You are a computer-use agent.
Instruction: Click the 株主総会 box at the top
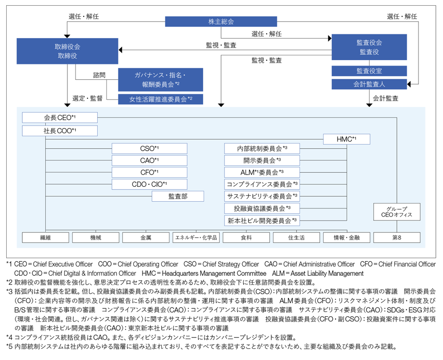click(x=221, y=22)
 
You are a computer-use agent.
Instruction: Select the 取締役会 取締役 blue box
click(x=67, y=51)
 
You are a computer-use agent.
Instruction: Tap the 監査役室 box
click(x=369, y=71)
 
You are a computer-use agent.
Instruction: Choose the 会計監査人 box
click(x=369, y=84)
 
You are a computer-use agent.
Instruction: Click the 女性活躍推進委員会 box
click(x=160, y=99)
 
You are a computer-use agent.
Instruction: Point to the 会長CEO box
click(x=60, y=117)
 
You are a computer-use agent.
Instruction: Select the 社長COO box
click(x=60, y=131)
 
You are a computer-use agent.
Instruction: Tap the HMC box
click(x=346, y=139)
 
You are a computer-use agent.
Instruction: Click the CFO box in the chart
click(x=149, y=172)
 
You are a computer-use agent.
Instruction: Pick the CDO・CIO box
click(x=149, y=184)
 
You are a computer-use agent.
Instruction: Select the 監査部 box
click(x=178, y=196)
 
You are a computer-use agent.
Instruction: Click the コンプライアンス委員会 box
click(x=262, y=184)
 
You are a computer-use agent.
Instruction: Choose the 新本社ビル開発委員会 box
click(x=262, y=220)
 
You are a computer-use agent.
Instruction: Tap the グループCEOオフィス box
click(x=397, y=212)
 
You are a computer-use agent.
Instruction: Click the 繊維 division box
click(x=45, y=237)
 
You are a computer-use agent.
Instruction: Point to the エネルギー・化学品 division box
click(x=196, y=237)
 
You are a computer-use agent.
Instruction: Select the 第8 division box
click(x=397, y=237)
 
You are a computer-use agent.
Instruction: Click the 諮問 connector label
click(x=99, y=75)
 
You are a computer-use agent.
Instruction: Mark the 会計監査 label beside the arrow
click(x=385, y=98)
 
